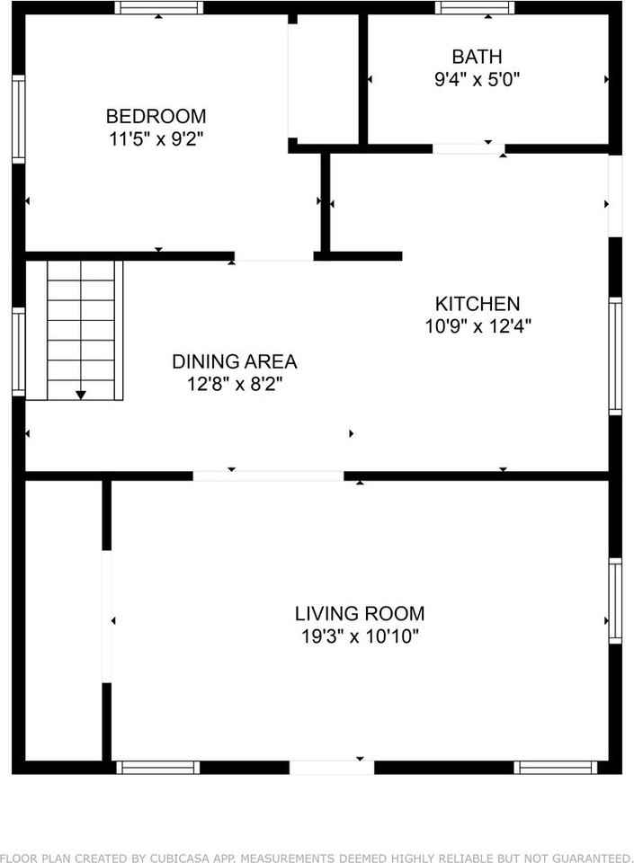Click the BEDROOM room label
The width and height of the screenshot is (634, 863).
156,116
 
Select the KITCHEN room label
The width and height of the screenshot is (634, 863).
477,304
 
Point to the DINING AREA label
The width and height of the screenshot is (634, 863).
234,362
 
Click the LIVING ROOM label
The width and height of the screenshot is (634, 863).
360,614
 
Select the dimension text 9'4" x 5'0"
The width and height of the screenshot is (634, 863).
477,79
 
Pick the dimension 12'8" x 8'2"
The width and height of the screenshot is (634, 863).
234,386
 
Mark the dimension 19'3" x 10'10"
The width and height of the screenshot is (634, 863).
360,637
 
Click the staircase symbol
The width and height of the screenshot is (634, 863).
81,330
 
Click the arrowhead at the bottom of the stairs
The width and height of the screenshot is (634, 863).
81,394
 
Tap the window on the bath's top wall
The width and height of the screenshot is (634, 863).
475,8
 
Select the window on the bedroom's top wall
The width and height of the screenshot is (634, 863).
158,8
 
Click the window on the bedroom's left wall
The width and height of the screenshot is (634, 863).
18,119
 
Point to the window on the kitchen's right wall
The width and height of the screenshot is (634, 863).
615,356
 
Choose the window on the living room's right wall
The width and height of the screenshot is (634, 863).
615,601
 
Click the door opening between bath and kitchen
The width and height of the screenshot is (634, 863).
468,148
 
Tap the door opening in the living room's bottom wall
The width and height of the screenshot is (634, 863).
331,767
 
